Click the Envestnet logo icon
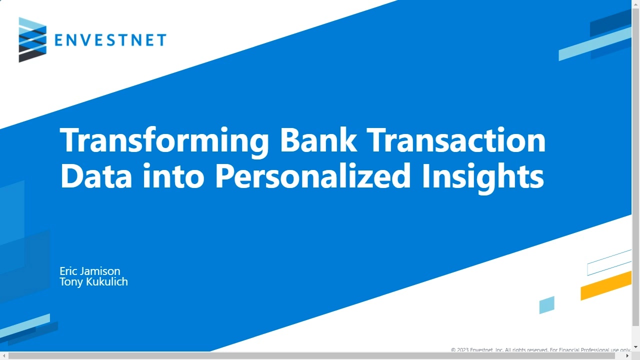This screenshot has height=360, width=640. (32, 39)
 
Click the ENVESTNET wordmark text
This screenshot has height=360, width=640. (110, 40)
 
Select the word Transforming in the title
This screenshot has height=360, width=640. (164, 141)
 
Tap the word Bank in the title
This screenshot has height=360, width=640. (318, 140)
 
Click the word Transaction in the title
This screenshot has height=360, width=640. (456, 140)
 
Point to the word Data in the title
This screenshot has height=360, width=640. (96, 175)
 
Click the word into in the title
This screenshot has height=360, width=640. (173, 175)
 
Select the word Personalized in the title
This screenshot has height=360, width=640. (312, 176)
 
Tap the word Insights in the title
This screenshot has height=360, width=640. (482, 176)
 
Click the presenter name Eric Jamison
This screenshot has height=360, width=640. (90, 271)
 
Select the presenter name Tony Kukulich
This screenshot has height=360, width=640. (93, 282)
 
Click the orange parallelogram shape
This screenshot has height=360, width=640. (605, 286)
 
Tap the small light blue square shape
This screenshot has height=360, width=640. (546, 305)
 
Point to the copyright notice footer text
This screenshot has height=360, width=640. (540, 350)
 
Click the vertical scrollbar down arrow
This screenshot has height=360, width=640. (635, 346)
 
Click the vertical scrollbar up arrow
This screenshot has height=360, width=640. (635, 4)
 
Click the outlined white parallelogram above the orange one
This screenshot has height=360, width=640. (608, 263)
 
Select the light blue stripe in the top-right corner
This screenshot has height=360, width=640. (594, 44)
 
